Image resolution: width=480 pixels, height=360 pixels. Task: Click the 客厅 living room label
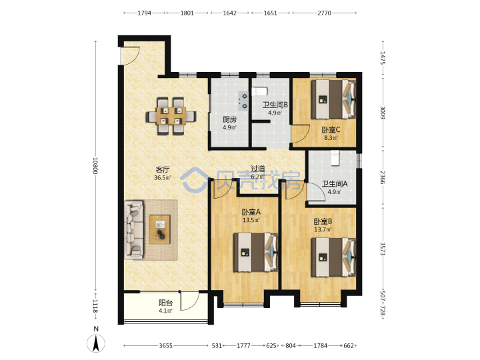coord(163,169)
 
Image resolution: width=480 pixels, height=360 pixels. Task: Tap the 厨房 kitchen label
coord(229,119)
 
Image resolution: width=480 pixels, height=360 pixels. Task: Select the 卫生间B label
coord(275,105)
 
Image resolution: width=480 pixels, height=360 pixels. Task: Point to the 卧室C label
coord(331,130)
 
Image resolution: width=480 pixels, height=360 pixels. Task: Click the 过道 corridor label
coord(258,169)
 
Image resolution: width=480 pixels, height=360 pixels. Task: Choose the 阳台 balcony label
coord(165,303)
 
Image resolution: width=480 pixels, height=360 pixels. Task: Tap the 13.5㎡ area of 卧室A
coord(251,220)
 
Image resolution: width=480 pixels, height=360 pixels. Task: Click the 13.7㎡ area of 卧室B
coord(323,229)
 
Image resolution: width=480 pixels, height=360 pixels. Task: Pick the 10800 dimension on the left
coord(95,165)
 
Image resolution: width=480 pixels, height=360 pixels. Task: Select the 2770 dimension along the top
coord(324,13)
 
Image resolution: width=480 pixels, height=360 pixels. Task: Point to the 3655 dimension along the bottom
coord(165,345)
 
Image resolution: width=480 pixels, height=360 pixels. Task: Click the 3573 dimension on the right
coord(383,249)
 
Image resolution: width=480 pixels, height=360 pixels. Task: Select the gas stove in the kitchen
coord(243,101)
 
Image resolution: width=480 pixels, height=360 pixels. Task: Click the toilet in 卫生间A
coord(335,158)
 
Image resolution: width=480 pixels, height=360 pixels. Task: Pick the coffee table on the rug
coord(159,229)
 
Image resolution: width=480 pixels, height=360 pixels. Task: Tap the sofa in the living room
coord(134,229)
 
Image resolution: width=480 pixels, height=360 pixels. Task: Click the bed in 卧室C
coord(333,99)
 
